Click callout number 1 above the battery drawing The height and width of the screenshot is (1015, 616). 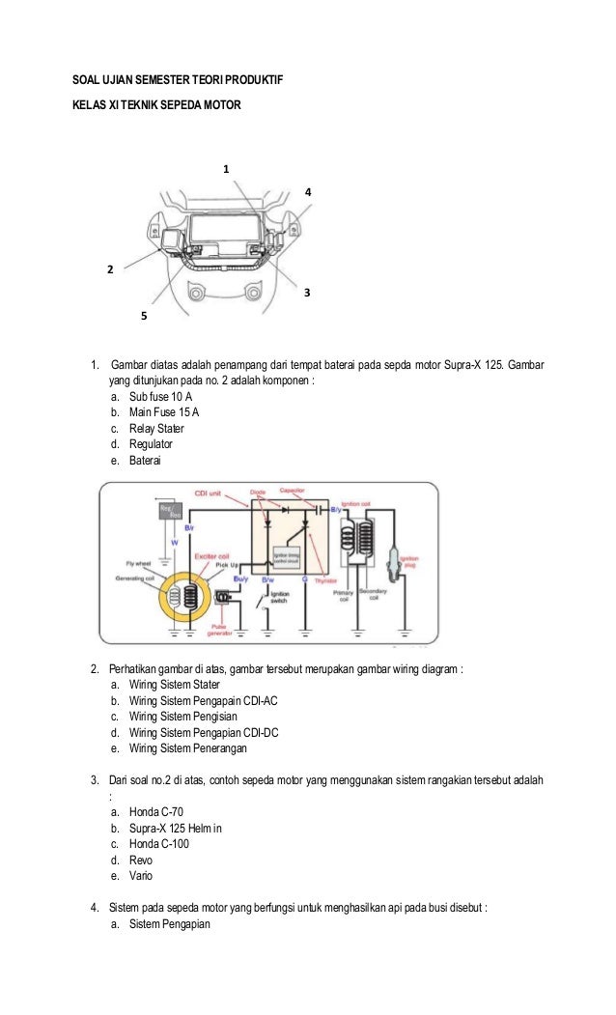[x=227, y=169]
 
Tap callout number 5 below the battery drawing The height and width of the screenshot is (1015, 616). [x=144, y=316]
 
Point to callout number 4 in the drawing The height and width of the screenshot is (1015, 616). [x=308, y=192]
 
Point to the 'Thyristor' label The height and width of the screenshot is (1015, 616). [x=339, y=581]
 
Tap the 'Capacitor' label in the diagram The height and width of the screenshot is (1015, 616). [x=295, y=491]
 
